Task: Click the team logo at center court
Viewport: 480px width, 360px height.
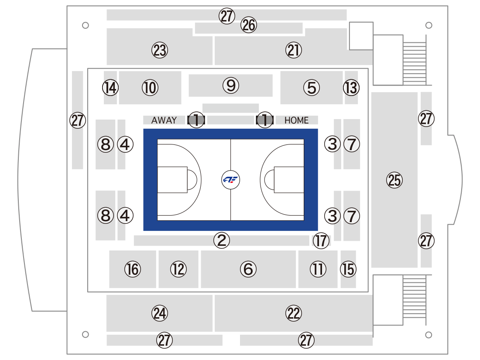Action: pos(230,180)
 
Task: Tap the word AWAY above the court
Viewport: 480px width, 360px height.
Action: pos(164,120)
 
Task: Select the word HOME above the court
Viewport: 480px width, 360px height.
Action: pos(296,120)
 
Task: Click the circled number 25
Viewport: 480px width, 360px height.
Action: pos(394,180)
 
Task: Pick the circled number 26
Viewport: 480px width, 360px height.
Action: pos(249,25)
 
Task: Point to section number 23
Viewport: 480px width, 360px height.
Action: pos(159,50)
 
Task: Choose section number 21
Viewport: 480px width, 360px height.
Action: pos(294,50)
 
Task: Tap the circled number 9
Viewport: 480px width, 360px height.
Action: pos(231,86)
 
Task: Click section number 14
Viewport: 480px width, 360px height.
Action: pos(110,88)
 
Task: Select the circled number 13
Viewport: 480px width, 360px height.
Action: pos(351,88)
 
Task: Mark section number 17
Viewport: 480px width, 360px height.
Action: pos(321,240)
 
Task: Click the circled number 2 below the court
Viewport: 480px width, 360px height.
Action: pos(222,240)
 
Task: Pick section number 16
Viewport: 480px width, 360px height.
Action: pos(133,269)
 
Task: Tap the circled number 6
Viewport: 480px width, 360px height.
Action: pos(248,269)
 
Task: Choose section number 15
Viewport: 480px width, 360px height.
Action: pos(348,269)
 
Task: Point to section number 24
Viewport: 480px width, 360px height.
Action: pos(159,313)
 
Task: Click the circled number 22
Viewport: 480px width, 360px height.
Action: pos(294,313)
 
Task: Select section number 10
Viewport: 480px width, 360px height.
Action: pos(150,88)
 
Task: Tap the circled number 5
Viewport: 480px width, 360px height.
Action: pos(312,88)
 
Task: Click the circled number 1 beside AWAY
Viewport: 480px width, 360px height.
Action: pos(196,120)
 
